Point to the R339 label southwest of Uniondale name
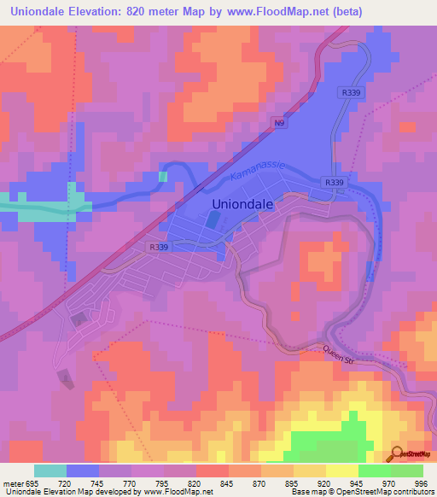point(157,247)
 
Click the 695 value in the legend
point(33,482)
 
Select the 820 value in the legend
point(195,482)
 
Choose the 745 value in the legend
point(98,482)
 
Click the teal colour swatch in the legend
point(50,471)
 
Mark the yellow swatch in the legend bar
point(341,471)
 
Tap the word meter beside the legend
point(12,482)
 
